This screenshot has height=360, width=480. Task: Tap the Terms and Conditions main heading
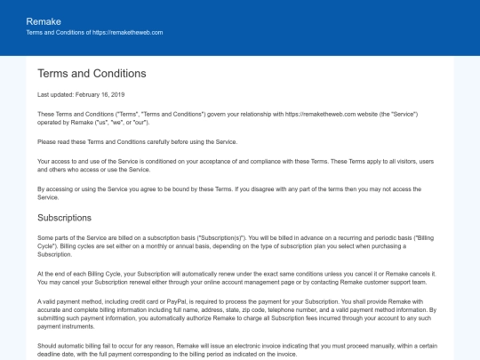tap(92, 73)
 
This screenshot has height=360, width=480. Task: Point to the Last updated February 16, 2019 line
tap(82, 94)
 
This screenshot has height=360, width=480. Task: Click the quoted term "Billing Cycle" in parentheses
tap(422, 238)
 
